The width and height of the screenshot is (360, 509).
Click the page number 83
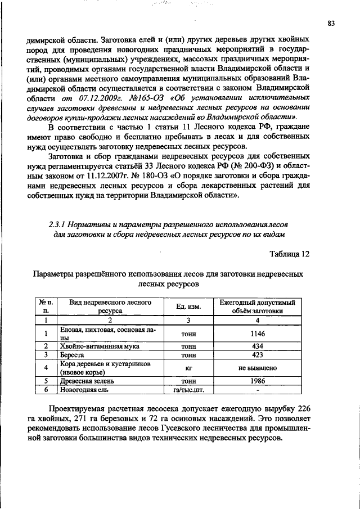(331, 23)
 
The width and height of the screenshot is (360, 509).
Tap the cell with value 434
(256, 347)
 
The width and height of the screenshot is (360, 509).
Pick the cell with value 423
(256, 355)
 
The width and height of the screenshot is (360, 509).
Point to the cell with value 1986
(256, 381)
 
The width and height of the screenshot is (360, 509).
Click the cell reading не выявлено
(256, 368)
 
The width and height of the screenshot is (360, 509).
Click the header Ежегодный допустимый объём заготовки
(256, 307)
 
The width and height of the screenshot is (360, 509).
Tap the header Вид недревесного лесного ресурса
(110, 307)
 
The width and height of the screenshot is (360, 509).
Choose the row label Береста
(73, 355)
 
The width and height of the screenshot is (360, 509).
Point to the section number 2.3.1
(58, 223)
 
